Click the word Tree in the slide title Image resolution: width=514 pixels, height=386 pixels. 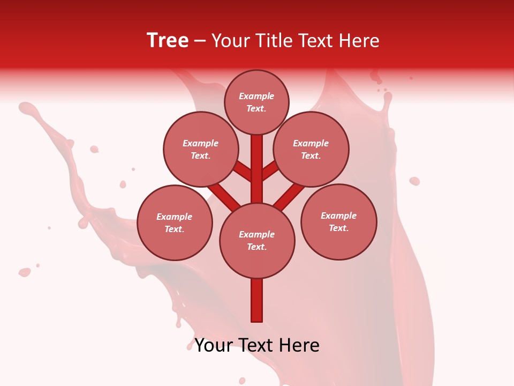coord(168,41)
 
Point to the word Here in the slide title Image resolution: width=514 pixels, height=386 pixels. coord(359,41)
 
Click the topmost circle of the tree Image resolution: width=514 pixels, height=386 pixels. coord(256,102)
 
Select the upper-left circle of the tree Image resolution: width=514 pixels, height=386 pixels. coord(200,149)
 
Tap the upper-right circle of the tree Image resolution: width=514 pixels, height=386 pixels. coord(311,149)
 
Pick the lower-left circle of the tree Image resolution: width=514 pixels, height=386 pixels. coord(175,222)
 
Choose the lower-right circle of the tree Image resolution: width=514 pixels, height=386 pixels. coord(338,221)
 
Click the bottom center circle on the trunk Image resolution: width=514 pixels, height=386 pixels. coord(257,240)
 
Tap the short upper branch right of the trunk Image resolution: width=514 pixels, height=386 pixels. coord(270,170)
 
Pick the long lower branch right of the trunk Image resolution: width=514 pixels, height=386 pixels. coord(290,196)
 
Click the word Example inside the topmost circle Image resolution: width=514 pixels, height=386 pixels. coord(256,96)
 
